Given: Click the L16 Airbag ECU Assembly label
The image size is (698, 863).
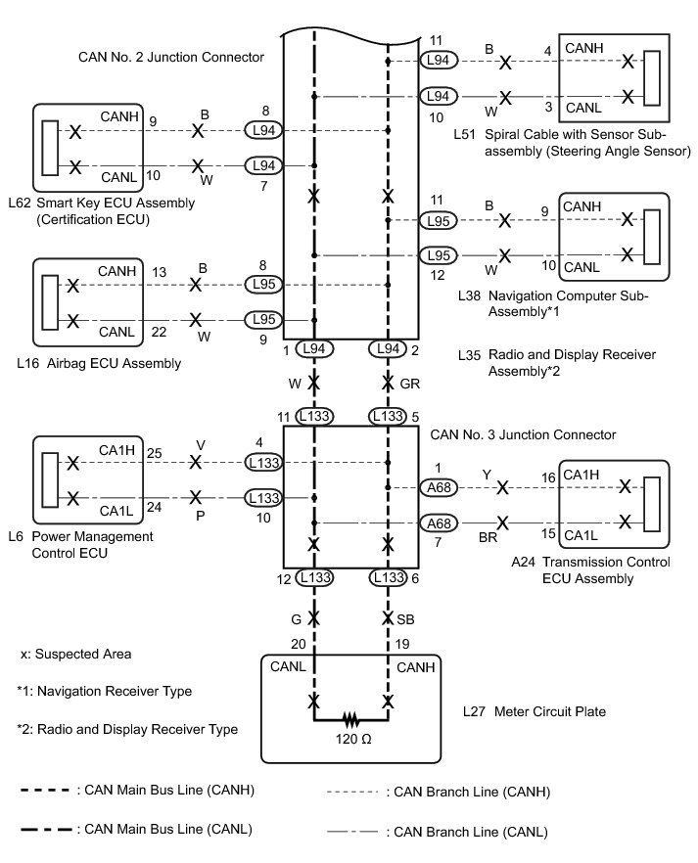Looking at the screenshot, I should point(99,363).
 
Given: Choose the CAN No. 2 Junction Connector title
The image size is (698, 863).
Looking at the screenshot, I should point(171,58).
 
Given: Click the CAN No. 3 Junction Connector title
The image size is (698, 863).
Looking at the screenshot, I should point(523,433).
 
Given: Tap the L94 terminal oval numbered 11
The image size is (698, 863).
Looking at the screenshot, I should point(438,61).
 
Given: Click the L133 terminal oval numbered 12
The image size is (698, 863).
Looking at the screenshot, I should point(314,579).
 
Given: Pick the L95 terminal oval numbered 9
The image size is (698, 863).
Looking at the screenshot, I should point(262,319).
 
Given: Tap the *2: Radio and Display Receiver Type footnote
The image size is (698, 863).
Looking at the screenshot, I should point(127,729).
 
